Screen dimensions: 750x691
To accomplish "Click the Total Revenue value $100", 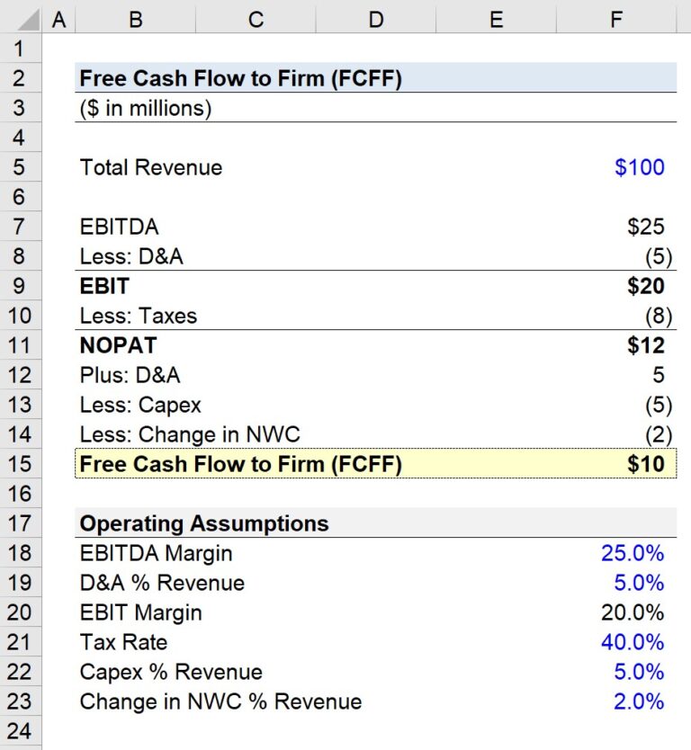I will [639, 167].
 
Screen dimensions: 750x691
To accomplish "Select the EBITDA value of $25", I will [645, 227].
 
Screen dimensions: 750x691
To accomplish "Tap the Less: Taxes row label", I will [138, 316].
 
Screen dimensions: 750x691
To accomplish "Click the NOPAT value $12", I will [645, 345].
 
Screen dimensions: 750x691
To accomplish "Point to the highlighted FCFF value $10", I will [645, 464].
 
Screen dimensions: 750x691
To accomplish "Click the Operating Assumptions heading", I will [204, 523].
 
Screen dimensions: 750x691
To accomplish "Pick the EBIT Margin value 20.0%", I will [633, 612].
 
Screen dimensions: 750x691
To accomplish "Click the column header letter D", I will [376, 19].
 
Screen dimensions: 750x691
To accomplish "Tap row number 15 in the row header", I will [21, 464].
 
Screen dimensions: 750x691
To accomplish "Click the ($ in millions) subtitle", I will [145, 108].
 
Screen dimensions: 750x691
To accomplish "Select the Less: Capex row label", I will [140, 405].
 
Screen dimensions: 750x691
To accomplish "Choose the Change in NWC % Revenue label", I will [220, 701].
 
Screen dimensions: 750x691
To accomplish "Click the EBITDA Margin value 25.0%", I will [633, 553].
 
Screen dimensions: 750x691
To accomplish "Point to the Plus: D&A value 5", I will [658, 375].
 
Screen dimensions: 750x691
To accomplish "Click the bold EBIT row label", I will [104, 286].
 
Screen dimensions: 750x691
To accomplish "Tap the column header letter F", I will [615, 19].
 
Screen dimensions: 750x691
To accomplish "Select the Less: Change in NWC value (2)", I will [658, 434].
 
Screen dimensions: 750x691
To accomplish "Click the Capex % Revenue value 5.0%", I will [639, 672].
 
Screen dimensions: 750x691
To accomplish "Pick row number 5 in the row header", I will [21, 167].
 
